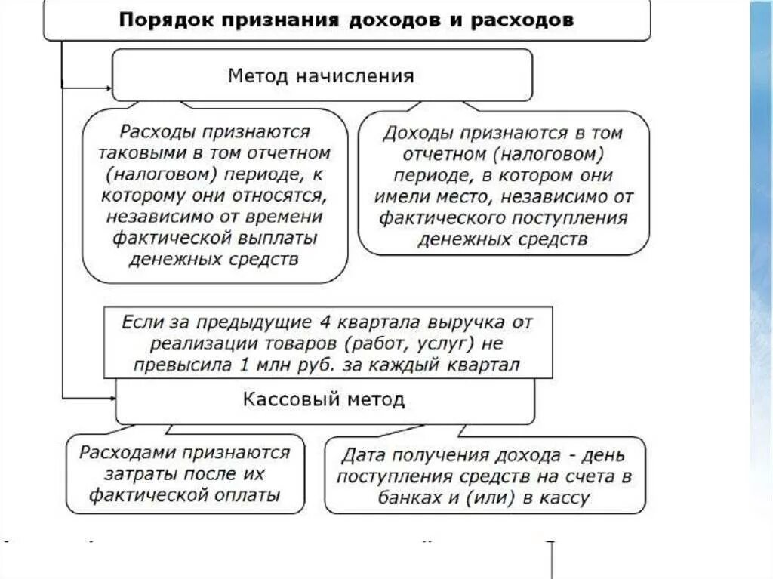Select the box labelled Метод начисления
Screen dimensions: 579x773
[x=322, y=75]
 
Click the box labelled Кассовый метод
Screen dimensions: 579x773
[x=324, y=399]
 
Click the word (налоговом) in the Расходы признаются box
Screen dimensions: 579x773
[x=156, y=174]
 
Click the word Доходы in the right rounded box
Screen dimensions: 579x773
[x=411, y=133]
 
